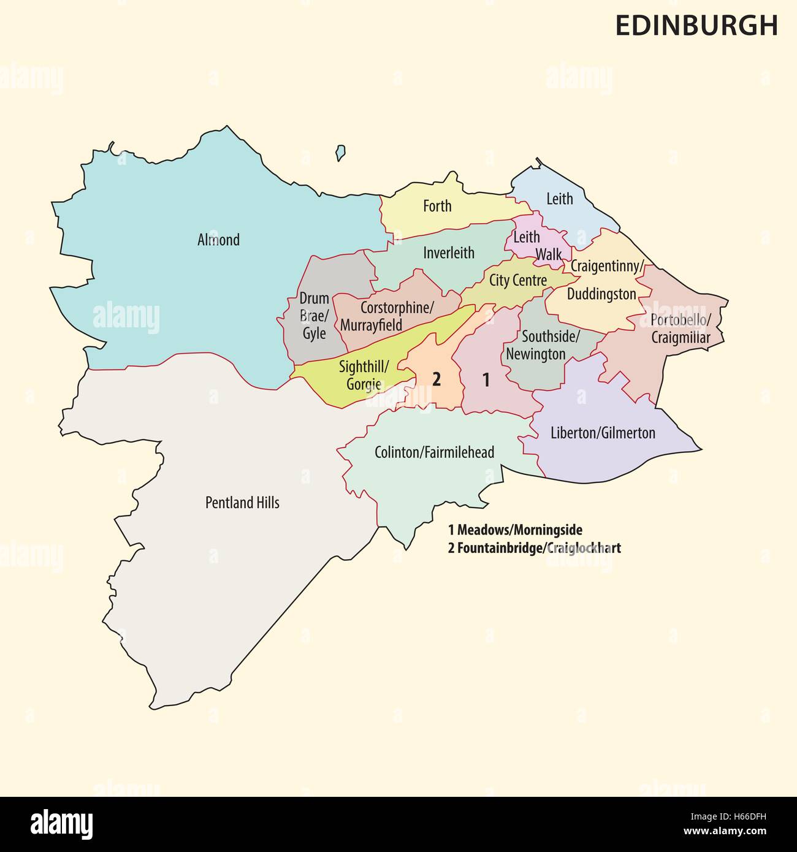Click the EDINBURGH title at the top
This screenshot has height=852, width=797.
point(696,25)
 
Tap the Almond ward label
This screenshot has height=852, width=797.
point(218,240)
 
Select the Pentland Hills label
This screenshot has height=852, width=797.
point(242,503)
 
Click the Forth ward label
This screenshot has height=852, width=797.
point(437,206)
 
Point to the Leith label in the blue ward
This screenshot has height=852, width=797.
point(559,199)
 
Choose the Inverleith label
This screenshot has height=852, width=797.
point(449,253)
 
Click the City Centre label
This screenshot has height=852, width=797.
point(517,281)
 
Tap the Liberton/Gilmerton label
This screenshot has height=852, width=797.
point(603,433)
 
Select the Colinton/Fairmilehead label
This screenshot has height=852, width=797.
point(434,452)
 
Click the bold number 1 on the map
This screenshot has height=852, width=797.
point(486,380)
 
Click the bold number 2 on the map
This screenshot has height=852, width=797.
point(436,379)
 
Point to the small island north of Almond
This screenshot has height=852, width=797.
point(340,152)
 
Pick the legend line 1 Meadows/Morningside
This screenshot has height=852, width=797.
point(515,529)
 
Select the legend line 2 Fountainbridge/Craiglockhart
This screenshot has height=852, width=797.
point(534,548)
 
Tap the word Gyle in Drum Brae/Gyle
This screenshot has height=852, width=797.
point(314,334)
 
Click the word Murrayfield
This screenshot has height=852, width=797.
point(371,324)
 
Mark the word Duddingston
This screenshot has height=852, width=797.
point(601,294)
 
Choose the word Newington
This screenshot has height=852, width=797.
point(535,354)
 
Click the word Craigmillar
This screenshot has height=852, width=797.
point(681,338)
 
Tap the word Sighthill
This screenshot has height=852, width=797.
point(364,367)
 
